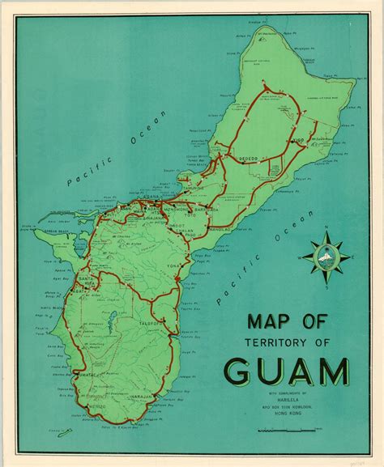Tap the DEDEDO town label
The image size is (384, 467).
247,157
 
